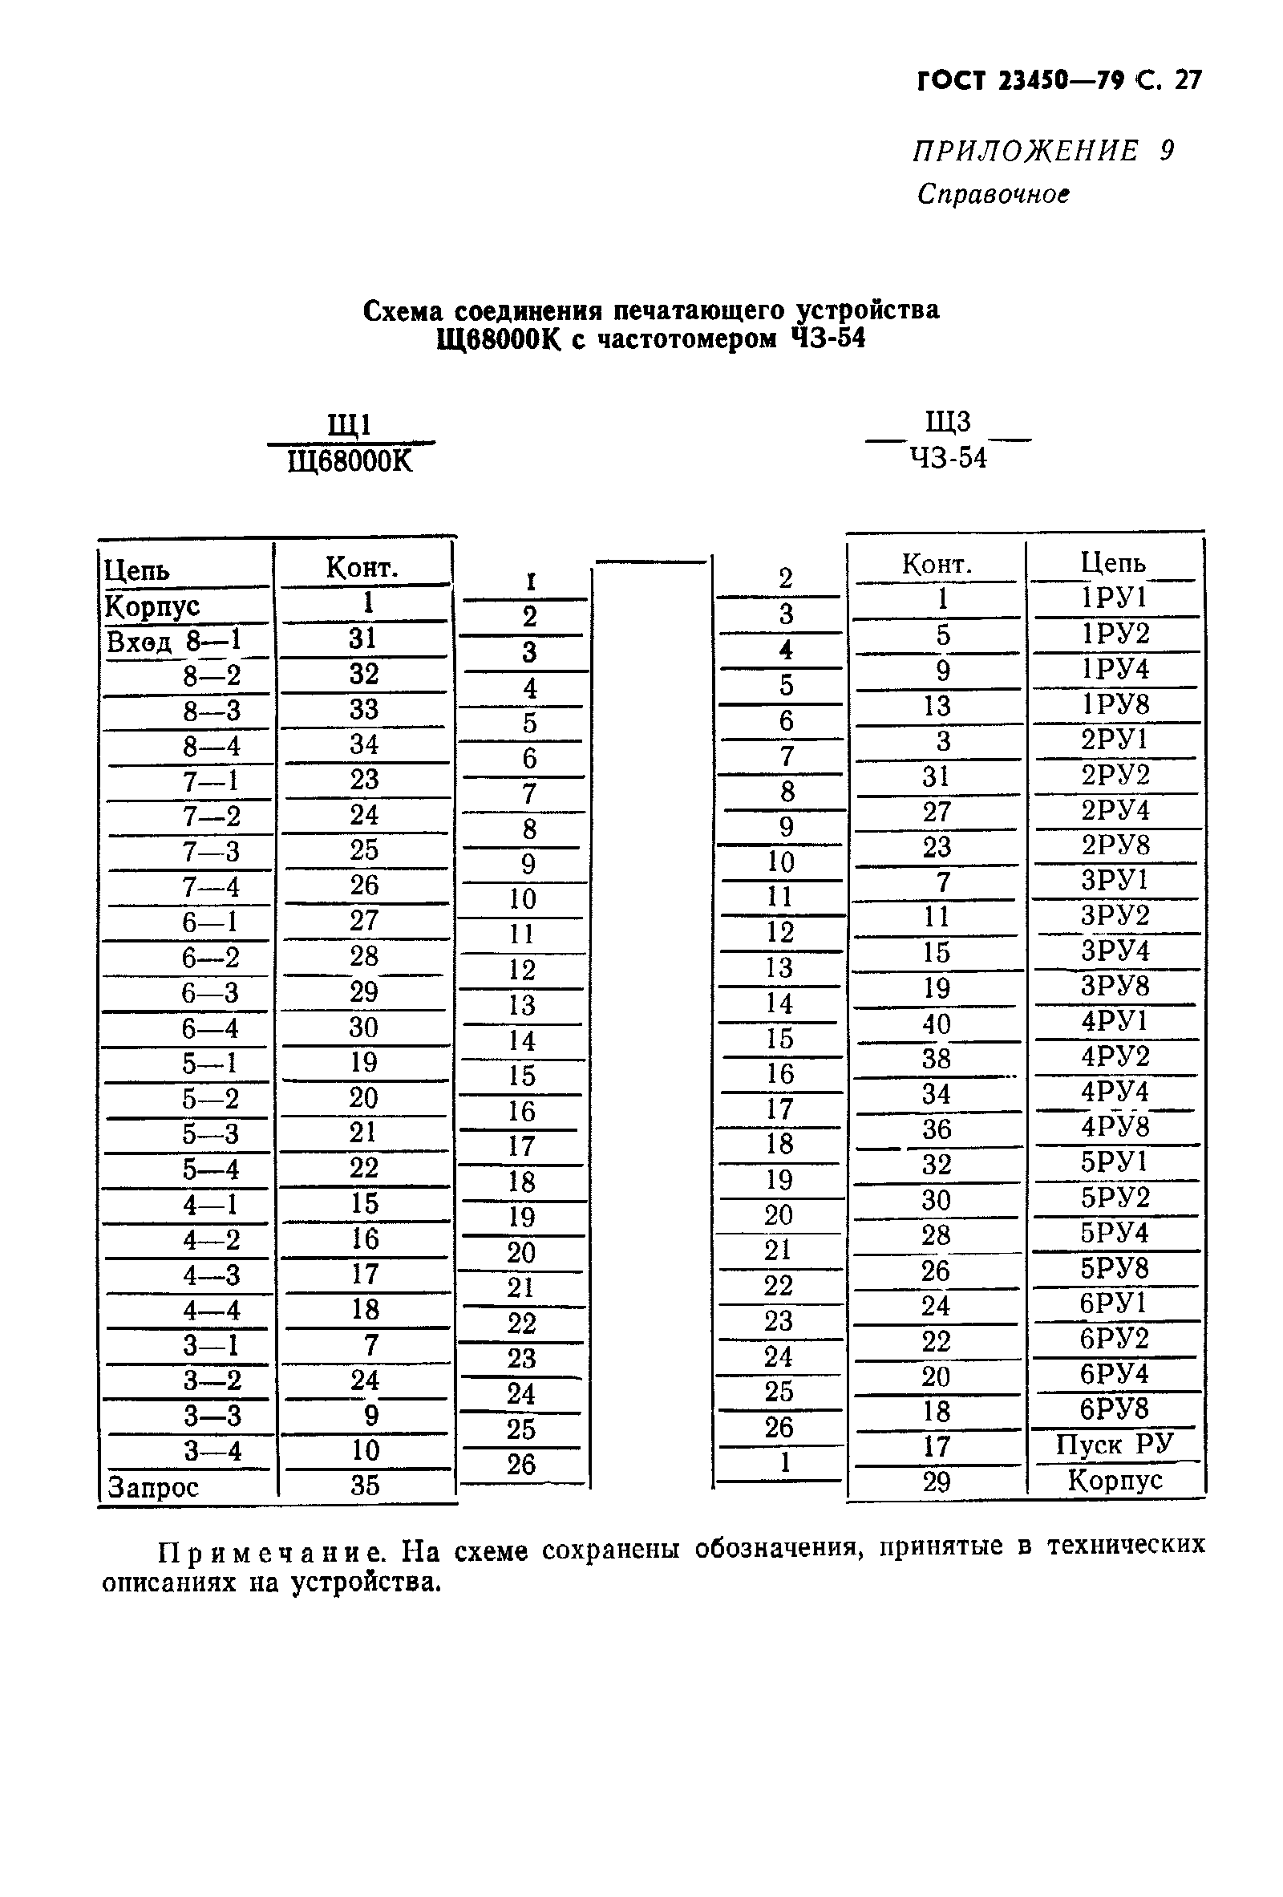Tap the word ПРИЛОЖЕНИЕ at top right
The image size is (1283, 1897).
[x=1024, y=151]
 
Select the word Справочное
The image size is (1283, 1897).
[x=993, y=194]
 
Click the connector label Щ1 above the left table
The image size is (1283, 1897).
[x=350, y=425]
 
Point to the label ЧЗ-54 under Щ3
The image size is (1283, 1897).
[x=949, y=459]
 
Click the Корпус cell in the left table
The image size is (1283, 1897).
[x=152, y=606]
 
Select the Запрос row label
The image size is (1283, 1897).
[x=152, y=1487]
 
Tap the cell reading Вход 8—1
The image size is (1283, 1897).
[x=174, y=642]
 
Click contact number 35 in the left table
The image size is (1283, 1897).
[x=365, y=1485]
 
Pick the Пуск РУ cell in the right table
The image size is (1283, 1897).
[x=1114, y=1445]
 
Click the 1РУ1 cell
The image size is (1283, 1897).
[x=1114, y=598]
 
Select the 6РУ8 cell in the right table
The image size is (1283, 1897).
[x=1114, y=1409]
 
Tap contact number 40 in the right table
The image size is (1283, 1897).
[x=936, y=1023]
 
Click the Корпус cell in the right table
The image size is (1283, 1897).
[x=1114, y=1480]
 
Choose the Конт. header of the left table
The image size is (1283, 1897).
[x=362, y=567]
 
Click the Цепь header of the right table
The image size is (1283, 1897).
[x=1113, y=562]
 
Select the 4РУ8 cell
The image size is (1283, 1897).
[x=1114, y=1127]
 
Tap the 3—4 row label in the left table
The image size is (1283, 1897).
[x=212, y=1451]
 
